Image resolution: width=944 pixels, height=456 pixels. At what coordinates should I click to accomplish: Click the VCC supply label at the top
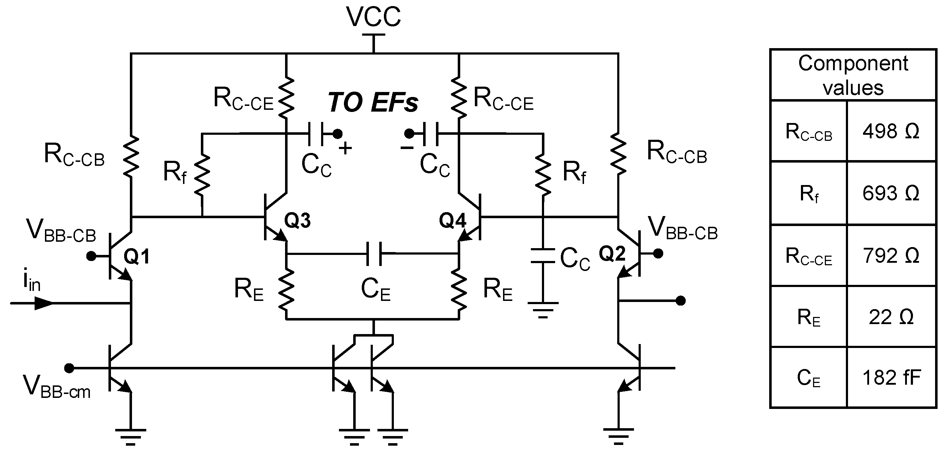(x=374, y=17)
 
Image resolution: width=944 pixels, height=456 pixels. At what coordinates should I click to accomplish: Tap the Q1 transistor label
(x=137, y=256)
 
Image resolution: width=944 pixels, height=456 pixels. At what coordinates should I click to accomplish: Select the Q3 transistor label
(x=297, y=220)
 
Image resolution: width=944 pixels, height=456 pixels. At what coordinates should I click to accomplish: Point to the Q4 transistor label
(x=453, y=220)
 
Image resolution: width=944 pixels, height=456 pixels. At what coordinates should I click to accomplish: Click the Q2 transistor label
(x=612, y=254)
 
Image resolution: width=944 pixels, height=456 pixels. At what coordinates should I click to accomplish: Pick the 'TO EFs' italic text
(x=373, y=102)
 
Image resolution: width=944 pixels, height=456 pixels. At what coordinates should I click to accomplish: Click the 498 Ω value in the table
(x=891, y=131)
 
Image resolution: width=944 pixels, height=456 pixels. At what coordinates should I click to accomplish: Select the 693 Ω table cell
(x=891, y=193)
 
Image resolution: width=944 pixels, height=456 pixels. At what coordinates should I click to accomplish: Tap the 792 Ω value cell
(x=891, y=255)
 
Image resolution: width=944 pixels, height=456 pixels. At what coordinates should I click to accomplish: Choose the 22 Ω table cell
(x=891, y=317)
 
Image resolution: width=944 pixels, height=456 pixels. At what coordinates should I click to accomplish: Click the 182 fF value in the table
(x=891, y=377)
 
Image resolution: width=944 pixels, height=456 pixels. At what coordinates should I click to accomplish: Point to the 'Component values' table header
(x=853, y=75)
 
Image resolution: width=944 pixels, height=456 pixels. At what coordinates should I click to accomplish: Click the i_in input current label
(x=31, y=282)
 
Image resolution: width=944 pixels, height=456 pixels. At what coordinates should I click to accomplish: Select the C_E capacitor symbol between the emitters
(x=374, y=253)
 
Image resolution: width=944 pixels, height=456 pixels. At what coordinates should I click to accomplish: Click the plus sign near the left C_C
(x=345, y=148)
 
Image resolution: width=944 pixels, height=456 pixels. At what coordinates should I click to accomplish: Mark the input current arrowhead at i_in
(x=43, y=303)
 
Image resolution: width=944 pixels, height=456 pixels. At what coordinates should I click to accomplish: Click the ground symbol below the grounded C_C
(x=543, y=309)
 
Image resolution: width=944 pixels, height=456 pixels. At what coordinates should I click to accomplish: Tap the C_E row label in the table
(x=808, y=378)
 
